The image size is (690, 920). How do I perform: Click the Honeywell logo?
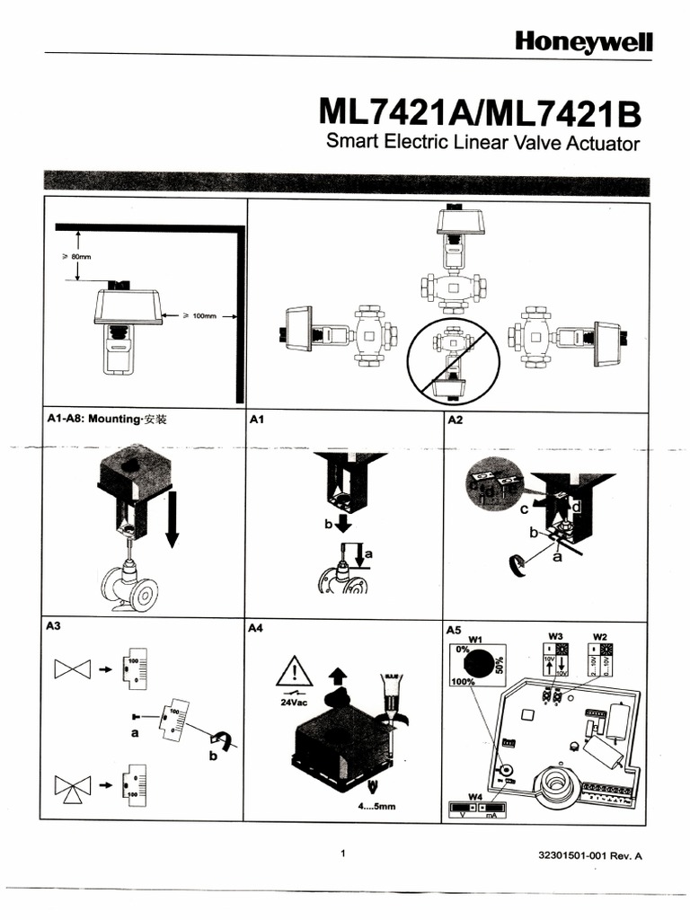coord(583,41)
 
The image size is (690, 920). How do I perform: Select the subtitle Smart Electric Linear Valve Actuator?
coord(482,144)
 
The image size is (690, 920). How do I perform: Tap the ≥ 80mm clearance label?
coord(76,257)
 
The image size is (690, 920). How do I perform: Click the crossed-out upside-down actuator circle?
coord(451,358)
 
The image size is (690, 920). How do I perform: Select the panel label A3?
coord(54,629)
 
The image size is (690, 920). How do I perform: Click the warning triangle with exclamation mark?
coord(295,671)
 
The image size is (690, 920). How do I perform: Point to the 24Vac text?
coord(295,703)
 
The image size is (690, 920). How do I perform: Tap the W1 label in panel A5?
coord(476,639)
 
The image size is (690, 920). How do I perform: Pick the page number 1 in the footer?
coord(343,854)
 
